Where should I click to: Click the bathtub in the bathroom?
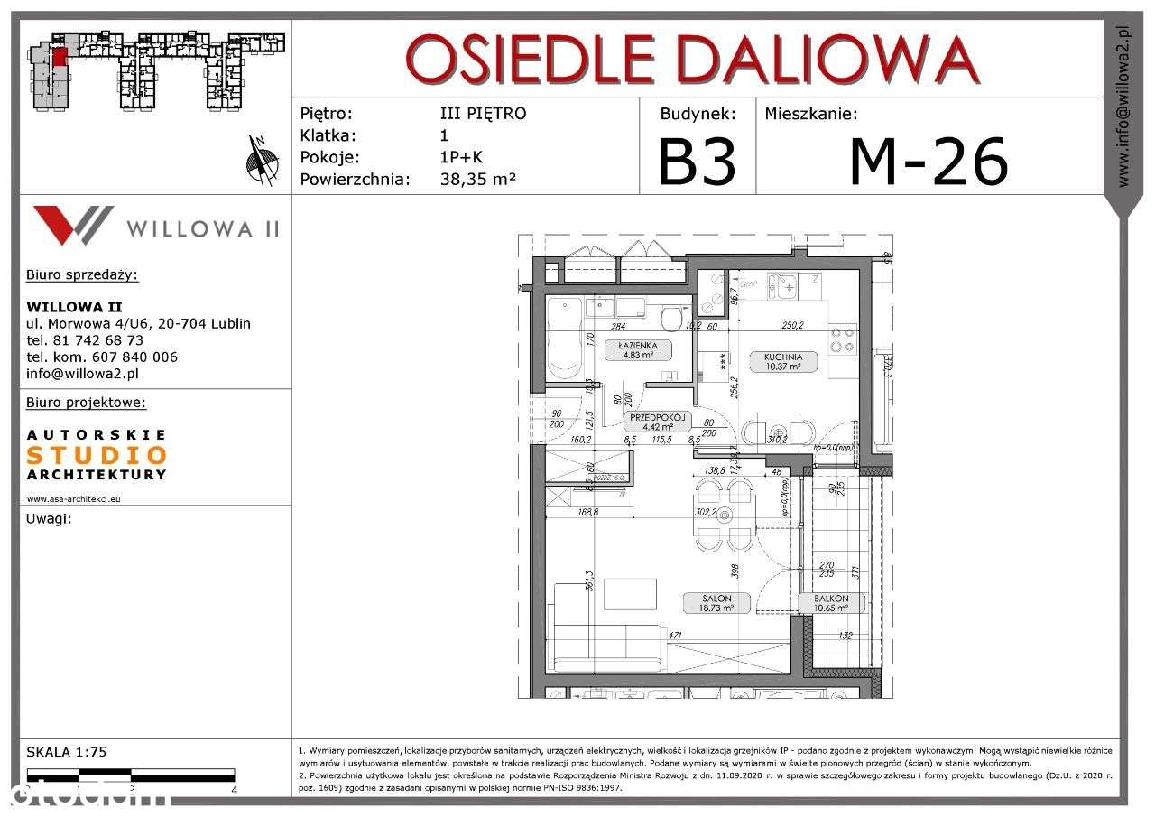coord(566,339)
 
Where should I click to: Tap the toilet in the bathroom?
coord(670,319)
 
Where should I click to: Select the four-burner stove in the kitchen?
coord(842,339)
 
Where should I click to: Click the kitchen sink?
coord(782,287)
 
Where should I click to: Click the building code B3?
coord(697,161)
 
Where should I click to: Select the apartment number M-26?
coord(928,161)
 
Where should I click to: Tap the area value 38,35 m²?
coord(477,179)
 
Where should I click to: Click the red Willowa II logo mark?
coord(73,224)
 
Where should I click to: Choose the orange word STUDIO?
coord(97,455)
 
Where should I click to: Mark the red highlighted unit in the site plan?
coord(60,58)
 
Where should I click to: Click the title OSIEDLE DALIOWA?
coord(692,60)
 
